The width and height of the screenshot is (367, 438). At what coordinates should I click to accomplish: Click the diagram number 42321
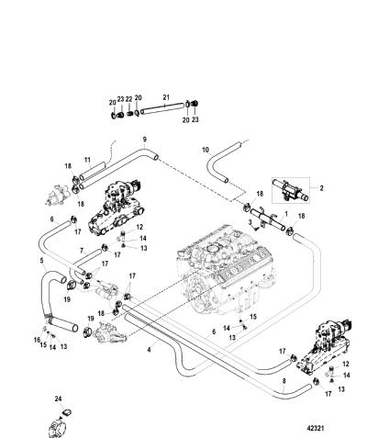[316, 428]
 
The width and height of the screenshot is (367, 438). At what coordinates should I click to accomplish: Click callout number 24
[58, 399]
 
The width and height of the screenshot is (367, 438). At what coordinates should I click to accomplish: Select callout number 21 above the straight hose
[166, 97]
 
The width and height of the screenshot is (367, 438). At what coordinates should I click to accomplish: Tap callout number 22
[129, 99]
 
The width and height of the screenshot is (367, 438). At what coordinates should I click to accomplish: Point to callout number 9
[145, 140]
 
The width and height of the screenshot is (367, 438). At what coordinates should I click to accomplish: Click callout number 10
[206, 150]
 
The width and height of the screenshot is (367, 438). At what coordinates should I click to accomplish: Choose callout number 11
[87, 160]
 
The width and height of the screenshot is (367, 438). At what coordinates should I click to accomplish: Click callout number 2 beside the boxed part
[321, 188]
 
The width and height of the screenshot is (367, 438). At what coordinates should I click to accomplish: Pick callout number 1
[286, 213]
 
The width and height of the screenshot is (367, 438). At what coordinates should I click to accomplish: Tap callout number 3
[250, 222]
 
